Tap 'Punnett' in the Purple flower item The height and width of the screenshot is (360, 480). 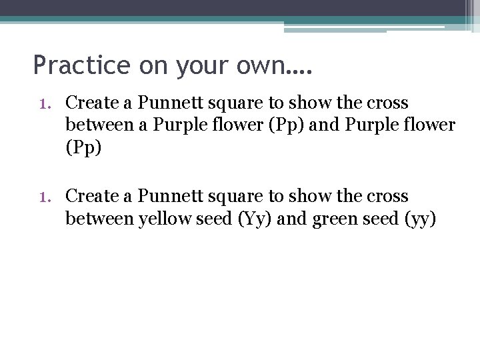pyautogui.click(x=165, y=103)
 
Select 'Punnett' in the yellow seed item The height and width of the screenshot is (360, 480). pyautogui.click(x=165, y=197)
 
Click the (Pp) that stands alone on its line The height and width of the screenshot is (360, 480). pyautogui.click(x=83, y=147)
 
